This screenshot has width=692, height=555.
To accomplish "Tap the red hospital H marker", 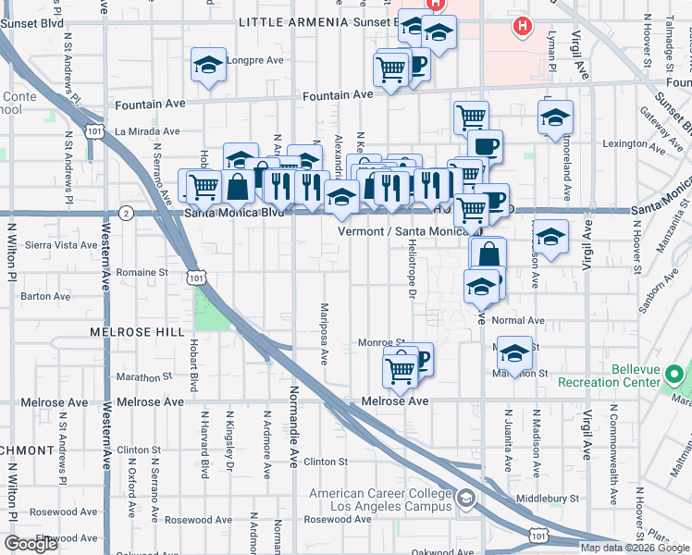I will click(x=522, y=27).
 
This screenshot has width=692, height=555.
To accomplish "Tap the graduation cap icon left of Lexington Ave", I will click(x=555, y=118).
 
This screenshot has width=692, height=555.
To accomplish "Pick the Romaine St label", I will click(x=142, y=273).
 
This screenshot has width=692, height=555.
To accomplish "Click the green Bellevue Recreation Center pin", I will click(x=674, y=376).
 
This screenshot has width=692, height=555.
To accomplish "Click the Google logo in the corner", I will click(x=31, y=544).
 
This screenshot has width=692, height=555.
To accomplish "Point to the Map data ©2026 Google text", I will click(x=635, y=548).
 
